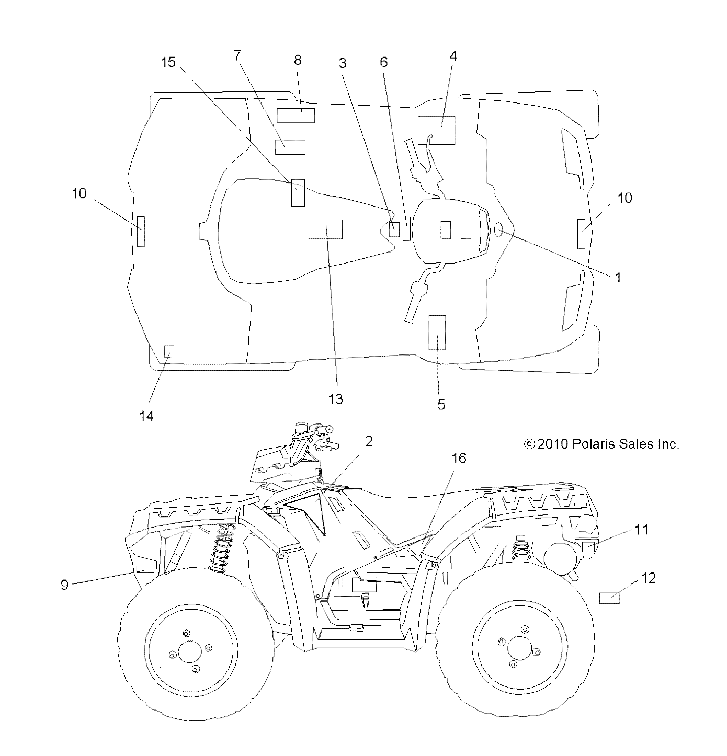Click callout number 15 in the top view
pos(168,62)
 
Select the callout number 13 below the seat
pos(335,399)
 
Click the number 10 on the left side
pos(79,193)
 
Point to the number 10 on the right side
pos(624,198)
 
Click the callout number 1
pos(618,277)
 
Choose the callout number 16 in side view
pos(458,458)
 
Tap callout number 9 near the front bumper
pos(64,585)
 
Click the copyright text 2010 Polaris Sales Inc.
pos(601,444)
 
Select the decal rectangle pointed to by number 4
pos(436,130)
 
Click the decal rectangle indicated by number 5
pos(437,333)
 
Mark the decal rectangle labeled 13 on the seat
pos(325,229)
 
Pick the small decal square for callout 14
pos(169,351)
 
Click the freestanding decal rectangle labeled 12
pos(609,598)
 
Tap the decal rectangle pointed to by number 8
pos(296,115)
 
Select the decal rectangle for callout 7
pos(290,147)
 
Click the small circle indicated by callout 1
pos(498,228)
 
